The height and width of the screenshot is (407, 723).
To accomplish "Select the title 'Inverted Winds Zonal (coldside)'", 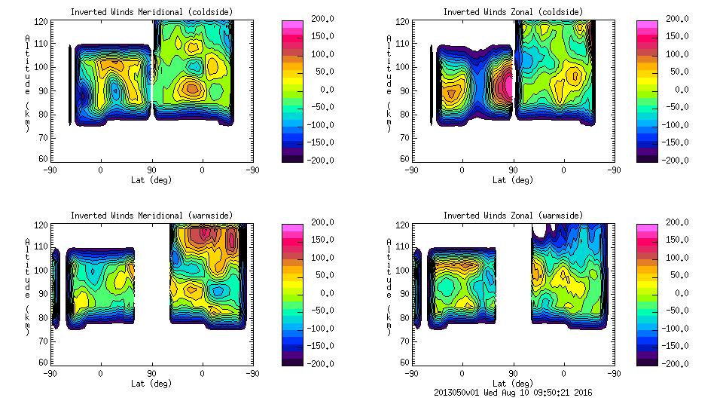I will point(513,12).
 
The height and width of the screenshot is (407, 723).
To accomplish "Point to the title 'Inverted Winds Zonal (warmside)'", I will point(513,216).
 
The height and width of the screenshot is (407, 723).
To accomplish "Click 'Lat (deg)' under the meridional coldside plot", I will point(152,179).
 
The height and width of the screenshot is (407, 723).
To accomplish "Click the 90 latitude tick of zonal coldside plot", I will point(514,170).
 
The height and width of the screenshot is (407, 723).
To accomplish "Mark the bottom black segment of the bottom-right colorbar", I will point(648,360).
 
